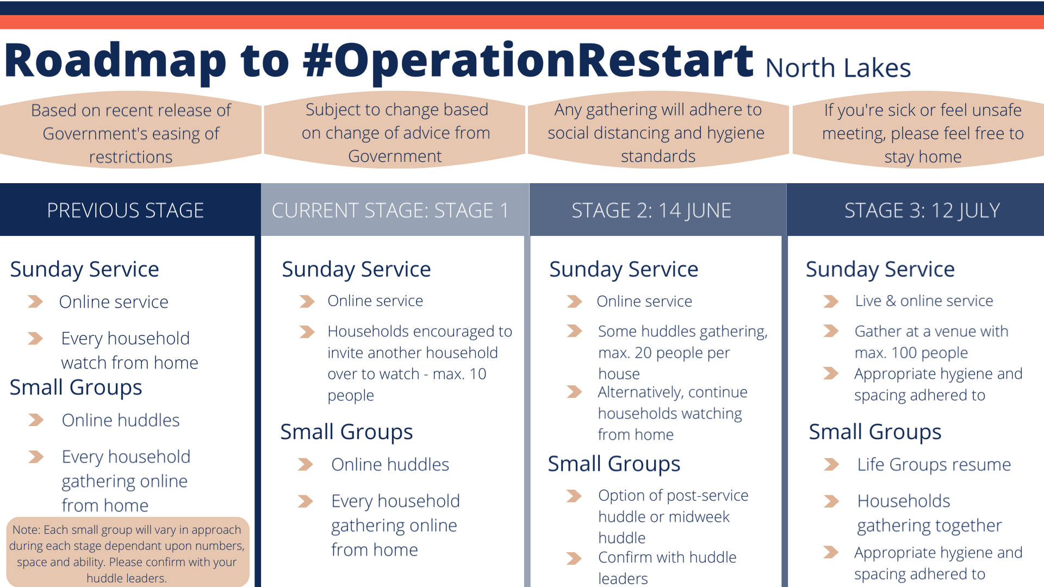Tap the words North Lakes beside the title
tap(837, 68)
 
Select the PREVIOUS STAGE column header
tap(126, 210)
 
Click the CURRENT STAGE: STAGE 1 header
tap(390, 210)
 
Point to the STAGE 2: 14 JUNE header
tap(651, 210)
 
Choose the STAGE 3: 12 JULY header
tap(922, 210)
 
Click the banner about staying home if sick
tap(922, 133)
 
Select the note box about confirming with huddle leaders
tap(127, 553)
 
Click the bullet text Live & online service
tap(924, 301)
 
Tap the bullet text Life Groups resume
tap(934, 465)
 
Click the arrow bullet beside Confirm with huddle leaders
tap(574, 558)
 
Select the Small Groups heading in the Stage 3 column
tap(874, 432)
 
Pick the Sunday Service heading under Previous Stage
tap(84, 269)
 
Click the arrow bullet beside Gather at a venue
tap(830, 331)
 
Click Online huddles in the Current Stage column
tap(390, 465)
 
